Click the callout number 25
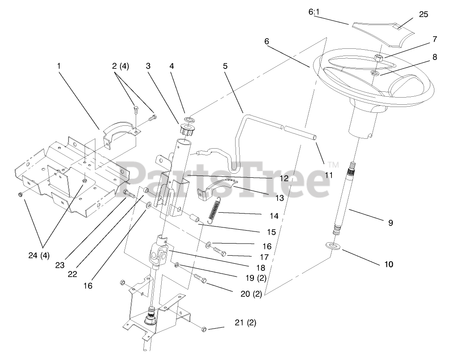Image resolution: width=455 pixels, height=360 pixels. pos(423,14)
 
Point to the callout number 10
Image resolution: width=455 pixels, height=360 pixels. pos(388,264)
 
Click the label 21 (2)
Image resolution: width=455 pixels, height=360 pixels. pos(245,323)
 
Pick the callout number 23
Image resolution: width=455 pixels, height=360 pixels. pos(60,265)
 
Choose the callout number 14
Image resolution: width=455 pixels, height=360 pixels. pos(274,216)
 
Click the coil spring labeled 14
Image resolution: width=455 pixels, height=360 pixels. pos(215,209)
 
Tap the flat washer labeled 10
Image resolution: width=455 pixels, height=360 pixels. pos(331,245)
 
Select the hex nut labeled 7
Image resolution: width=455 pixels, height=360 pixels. pos(378,58)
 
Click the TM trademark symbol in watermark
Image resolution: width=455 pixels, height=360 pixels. pos(332,164)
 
